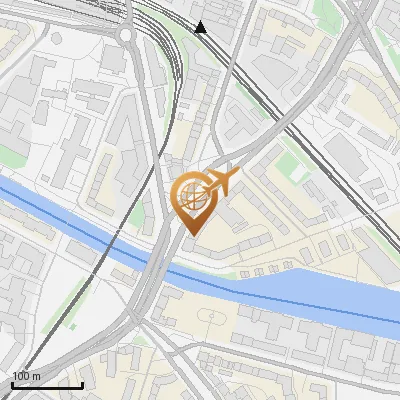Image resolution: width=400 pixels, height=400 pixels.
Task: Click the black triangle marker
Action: point(201,27)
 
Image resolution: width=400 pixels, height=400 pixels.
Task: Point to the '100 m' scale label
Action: point(26,376)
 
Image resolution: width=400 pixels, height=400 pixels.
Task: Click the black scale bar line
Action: point(47,385)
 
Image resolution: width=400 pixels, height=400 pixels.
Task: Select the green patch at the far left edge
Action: point(8,155)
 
